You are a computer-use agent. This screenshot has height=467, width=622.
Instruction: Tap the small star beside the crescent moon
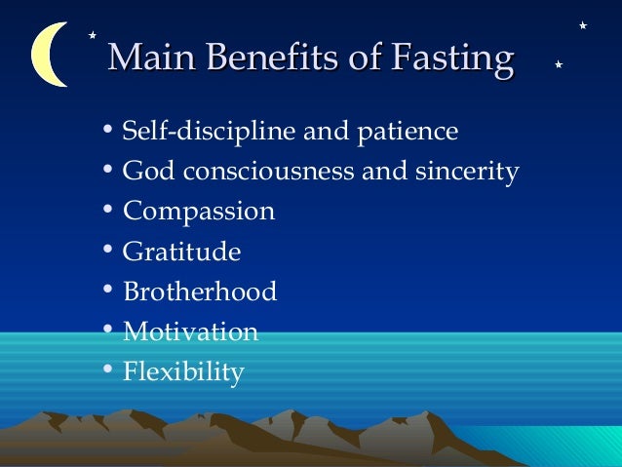tap(92, 35)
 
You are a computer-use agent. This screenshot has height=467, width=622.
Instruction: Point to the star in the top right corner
tap(582, 24)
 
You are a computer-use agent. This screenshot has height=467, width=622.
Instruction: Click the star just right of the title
tap(558, 64)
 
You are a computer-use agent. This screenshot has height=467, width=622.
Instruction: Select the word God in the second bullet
tap(145, 172)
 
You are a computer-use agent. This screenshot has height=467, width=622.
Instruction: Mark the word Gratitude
tap(181, 252)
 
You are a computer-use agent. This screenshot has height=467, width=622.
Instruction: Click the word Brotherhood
tap(200, 292)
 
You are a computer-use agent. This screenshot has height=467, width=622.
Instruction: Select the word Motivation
tap(191, 331)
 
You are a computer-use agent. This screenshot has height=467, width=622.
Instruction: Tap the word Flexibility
tap(183, 372)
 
